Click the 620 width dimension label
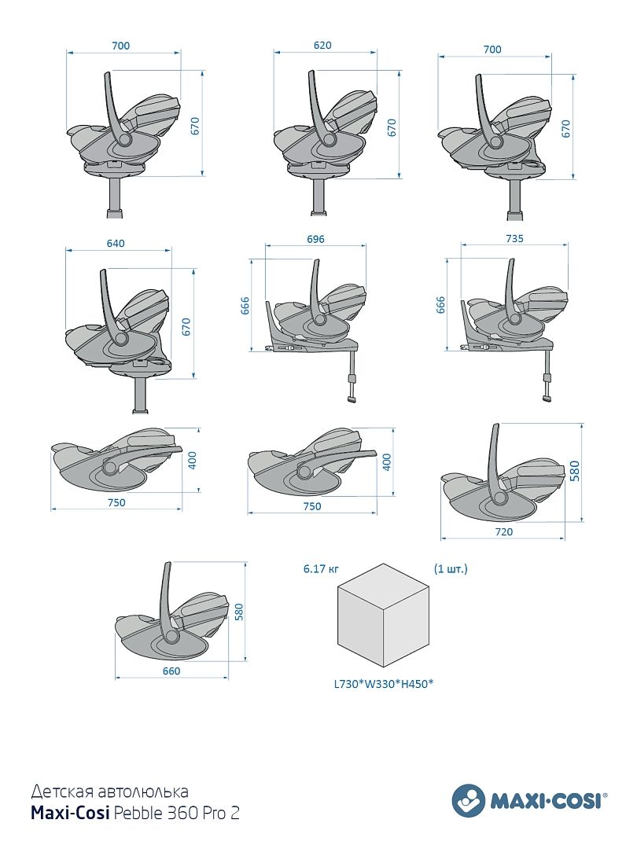[322, 46]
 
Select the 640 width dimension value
[116, 244]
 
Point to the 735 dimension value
[515, 237]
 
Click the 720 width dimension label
[503, 532]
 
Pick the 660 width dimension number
[171, 671]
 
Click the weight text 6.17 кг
[321, 568]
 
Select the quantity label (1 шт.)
[451, 568]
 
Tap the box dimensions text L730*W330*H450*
[385, 684]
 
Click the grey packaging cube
[384, 613]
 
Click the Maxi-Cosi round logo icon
[469, 800]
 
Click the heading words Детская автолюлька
[109, 791]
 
